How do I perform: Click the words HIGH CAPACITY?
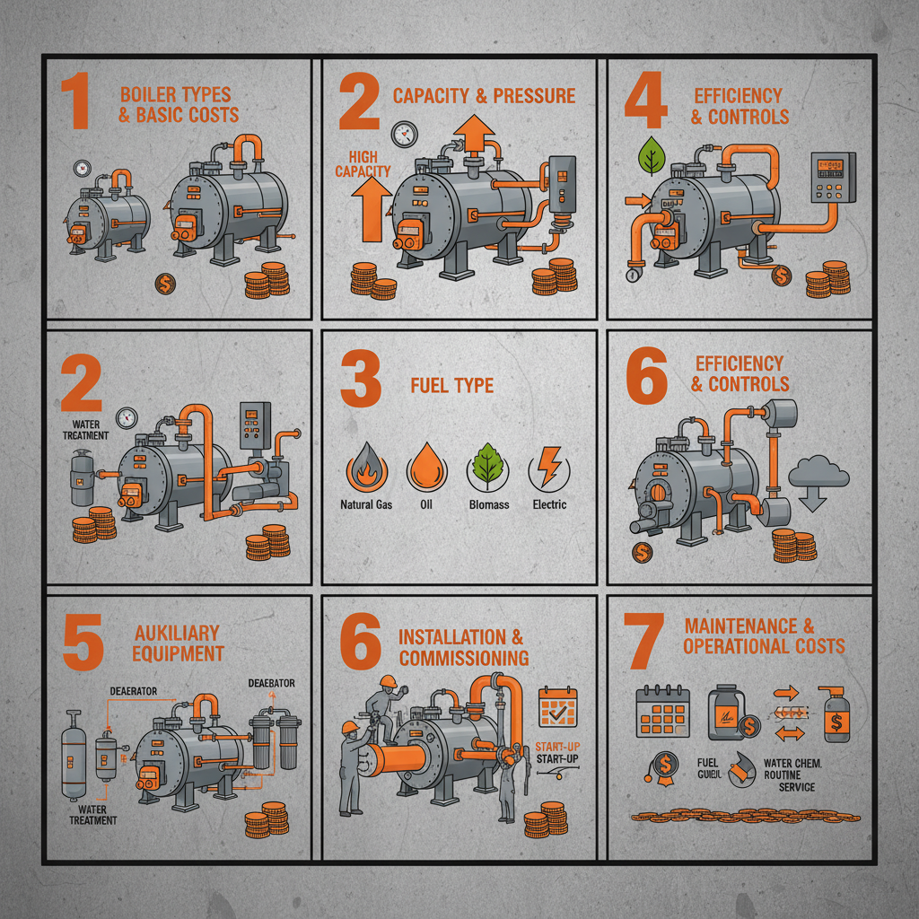(x=363, y=163)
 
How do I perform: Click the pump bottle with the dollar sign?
(x=833, y=714)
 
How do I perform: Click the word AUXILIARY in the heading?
(x=176, y=634)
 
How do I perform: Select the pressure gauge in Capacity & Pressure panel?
(x=403, y=134)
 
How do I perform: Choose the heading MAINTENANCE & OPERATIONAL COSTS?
(x=763, y=636)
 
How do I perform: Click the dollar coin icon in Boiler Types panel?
(x=165, y=284)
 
